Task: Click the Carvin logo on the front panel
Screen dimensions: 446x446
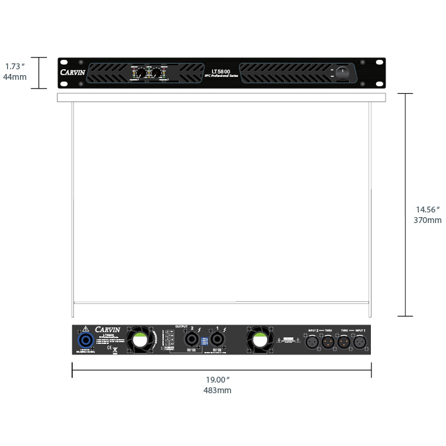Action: (x=73, y=73)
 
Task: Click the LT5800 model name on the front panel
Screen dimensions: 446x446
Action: (x=221, y=72)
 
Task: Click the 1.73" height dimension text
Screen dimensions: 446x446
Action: (x=15, y=66)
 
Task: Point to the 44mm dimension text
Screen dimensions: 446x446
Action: (x=15, y=77)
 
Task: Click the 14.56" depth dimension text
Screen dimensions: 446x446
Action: (x=428, y=210)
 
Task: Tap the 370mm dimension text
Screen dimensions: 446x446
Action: (x=428, y=220)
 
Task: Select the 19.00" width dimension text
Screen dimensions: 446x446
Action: (x=217, y=380)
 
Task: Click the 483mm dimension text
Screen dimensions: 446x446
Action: (x=217, y=390)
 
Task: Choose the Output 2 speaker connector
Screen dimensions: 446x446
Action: (x=191, y=339)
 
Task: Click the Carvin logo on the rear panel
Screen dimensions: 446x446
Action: (x=107, y=329)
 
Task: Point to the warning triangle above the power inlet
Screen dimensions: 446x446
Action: (x=85, y=329)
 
